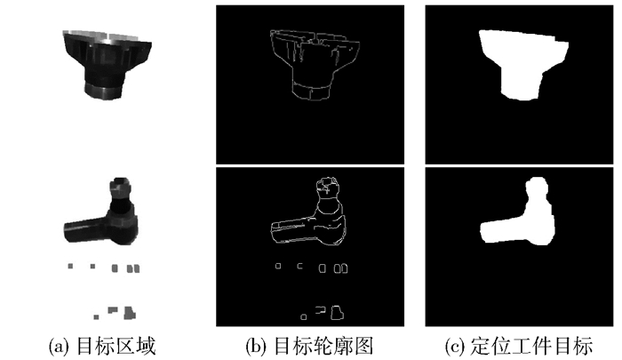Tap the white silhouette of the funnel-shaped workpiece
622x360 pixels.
point(520,63)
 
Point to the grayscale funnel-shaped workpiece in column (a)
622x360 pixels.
point(105,63)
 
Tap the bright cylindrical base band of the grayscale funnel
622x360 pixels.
point(104,91)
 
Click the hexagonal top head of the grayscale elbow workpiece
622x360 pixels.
point(119,188)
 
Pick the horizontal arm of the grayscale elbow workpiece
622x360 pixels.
point(85,229)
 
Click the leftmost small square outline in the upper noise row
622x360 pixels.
point(278,266)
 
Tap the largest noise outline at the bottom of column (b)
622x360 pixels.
point(337,312)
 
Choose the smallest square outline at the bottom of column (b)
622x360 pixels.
point(304,316)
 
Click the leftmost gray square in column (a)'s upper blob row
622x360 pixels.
point(70,266)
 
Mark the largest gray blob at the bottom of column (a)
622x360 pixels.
point(129,313)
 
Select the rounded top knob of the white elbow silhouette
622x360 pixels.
point(537,188)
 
